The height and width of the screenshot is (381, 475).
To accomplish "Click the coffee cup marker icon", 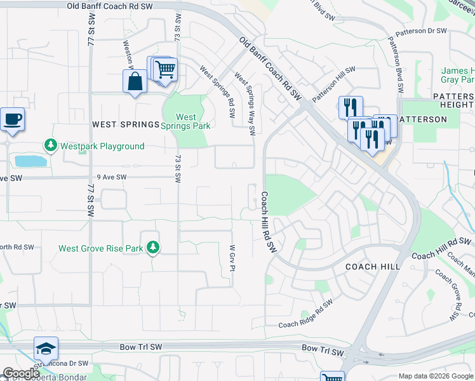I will (x=11, y=119).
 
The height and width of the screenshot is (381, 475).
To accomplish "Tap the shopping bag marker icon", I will (x=135, y=81).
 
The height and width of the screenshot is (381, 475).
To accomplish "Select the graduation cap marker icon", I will (x=46, y=348).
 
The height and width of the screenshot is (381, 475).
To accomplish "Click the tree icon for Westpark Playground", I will (x=51, y=146).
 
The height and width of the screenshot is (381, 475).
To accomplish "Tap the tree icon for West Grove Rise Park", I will (x=152, y=248).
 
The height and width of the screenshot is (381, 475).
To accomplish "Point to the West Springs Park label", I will (x=185, y=121).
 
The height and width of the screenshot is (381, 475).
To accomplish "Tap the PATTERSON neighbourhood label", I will (x=422, y=119).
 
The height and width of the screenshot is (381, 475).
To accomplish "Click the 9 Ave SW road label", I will (x=112, y=178).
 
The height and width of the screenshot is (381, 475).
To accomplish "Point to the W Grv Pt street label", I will (x=232, y=258).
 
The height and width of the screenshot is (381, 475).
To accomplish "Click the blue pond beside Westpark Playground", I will (x=30, y=161).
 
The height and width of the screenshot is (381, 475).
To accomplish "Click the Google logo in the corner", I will (x=21, y=373).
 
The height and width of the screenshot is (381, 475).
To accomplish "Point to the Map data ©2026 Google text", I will (x=435, y=376).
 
